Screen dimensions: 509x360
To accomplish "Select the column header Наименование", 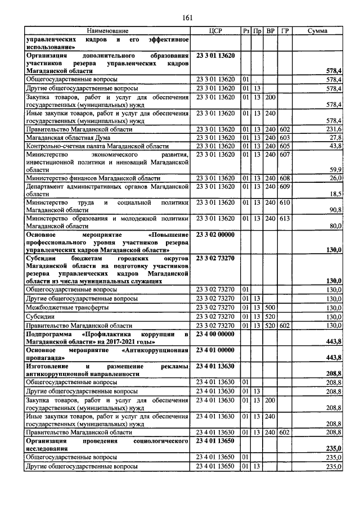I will [x=107, y=30].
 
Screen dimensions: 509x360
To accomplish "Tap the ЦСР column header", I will [x=217, y=30].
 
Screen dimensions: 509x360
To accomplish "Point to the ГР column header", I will [x=285, y=30].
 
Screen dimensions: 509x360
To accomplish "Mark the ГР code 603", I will [x=285, y=138].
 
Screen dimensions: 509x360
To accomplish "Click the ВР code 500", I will [x=271, y=308].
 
